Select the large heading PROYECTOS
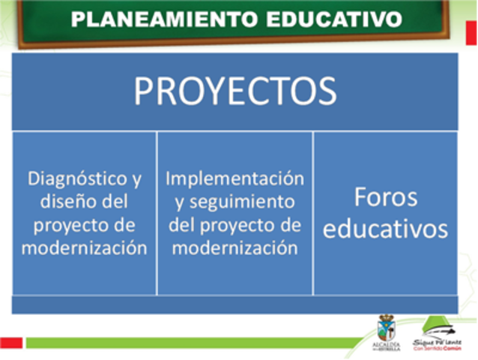point(235,91)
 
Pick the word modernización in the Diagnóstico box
point(84,247)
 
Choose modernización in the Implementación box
point(235,247)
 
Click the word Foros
point(385,198)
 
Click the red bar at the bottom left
point(10,343)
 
